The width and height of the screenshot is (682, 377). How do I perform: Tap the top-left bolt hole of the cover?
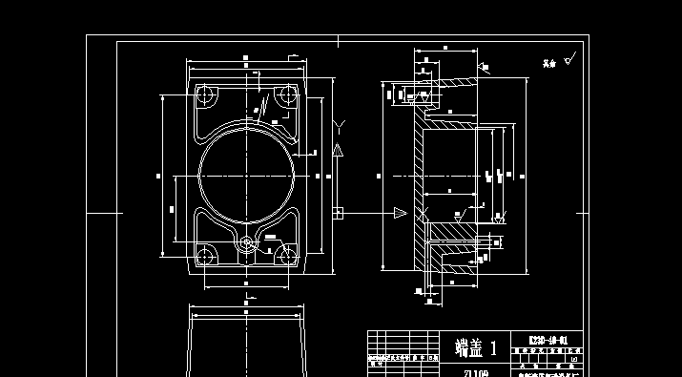pyautogui.click(x=205, y=95)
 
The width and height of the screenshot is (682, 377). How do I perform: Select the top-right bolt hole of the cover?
pyautogui.click(x=284, y=95)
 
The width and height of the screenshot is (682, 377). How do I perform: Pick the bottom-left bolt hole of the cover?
pyautogui.click(x=204, y=255)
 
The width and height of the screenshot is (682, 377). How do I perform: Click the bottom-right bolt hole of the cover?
pyautogui.click(x=286, y=255)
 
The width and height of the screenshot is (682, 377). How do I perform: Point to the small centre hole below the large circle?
pyautogui.click(x=247, y=242)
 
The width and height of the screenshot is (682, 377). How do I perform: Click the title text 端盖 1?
pyautogui.click(x=476, y=346)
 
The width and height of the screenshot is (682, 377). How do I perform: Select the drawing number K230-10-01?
pyautogui.click(x=549, y=340)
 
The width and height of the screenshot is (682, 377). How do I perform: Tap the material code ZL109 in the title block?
pyautogui.click(x=476, y=372)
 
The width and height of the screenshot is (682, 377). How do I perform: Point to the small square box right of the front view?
pyautogui.click(x=338, y=212)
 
